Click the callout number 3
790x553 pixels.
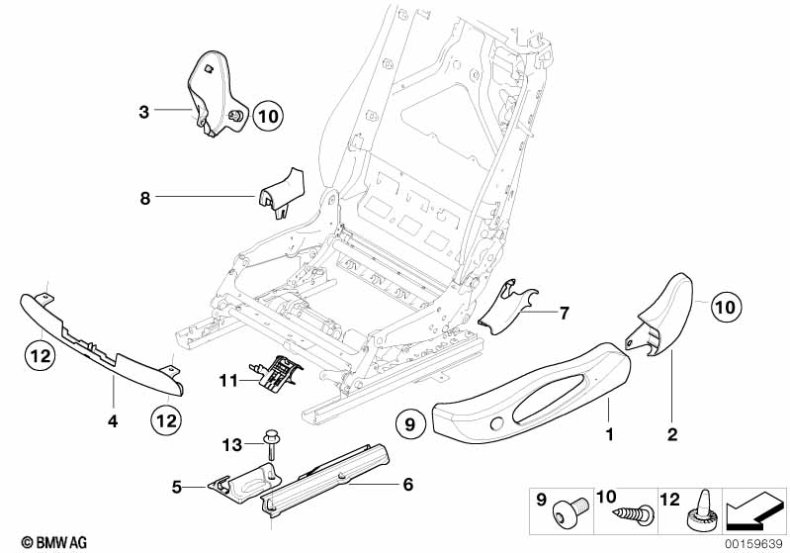coord(144,113)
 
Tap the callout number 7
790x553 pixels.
coord(565,314)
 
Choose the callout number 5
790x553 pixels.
coord(175,487)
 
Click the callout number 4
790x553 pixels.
coord(113,420)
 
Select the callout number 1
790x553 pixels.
coord(610,433)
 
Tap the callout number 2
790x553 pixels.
coord(671,433)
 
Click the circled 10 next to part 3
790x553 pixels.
coord(268,117)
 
